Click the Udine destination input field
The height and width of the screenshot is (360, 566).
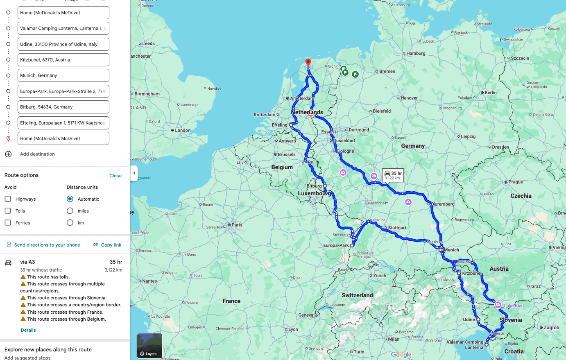63,44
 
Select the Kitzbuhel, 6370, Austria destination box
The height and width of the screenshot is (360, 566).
63,60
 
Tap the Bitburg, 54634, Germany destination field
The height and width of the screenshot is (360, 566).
63,107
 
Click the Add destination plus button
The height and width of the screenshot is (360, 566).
8,154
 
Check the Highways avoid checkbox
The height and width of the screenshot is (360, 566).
8,199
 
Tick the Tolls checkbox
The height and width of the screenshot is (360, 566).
8,211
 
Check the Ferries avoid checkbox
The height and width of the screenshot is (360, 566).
8,223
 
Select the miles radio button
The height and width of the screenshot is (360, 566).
70,211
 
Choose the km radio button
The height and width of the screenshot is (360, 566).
70,223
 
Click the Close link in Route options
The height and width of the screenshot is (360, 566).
115,176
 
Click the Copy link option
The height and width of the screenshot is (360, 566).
107,245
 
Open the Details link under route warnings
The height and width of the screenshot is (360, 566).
28,330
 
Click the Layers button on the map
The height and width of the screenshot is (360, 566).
149,346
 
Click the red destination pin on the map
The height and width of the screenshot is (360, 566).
308,63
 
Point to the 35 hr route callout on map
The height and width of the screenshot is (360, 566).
393,175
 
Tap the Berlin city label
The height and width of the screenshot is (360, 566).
490,93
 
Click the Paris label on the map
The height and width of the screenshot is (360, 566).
237,225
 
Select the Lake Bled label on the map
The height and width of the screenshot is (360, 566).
514,306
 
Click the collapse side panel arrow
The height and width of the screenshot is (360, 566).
134,173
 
